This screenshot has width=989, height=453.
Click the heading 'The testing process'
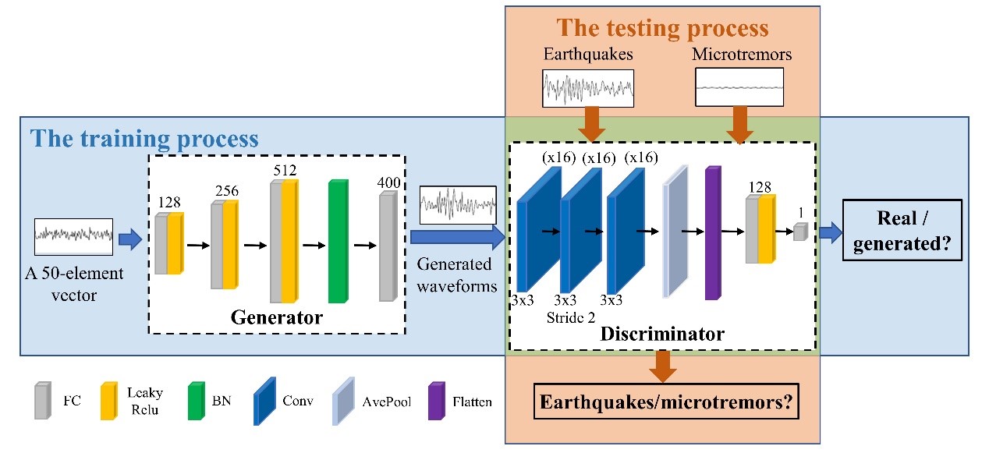tap(662, 30)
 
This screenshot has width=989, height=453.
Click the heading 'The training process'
tap(144, 139)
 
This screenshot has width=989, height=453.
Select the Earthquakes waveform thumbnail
tap(588, 87)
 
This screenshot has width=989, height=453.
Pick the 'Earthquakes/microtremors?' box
tap(661, 405)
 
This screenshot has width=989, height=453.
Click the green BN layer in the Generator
tap(338, 242)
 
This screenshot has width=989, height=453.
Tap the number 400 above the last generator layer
tap(388, 183)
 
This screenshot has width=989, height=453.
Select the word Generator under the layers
tap(276, 317)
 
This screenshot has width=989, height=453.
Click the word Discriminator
tap(663, 334)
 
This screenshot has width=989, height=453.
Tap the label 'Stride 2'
tap(573, 319)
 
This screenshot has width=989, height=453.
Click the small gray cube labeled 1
tap(799, 231)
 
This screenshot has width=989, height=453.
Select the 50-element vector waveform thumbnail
tap(74, 234)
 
